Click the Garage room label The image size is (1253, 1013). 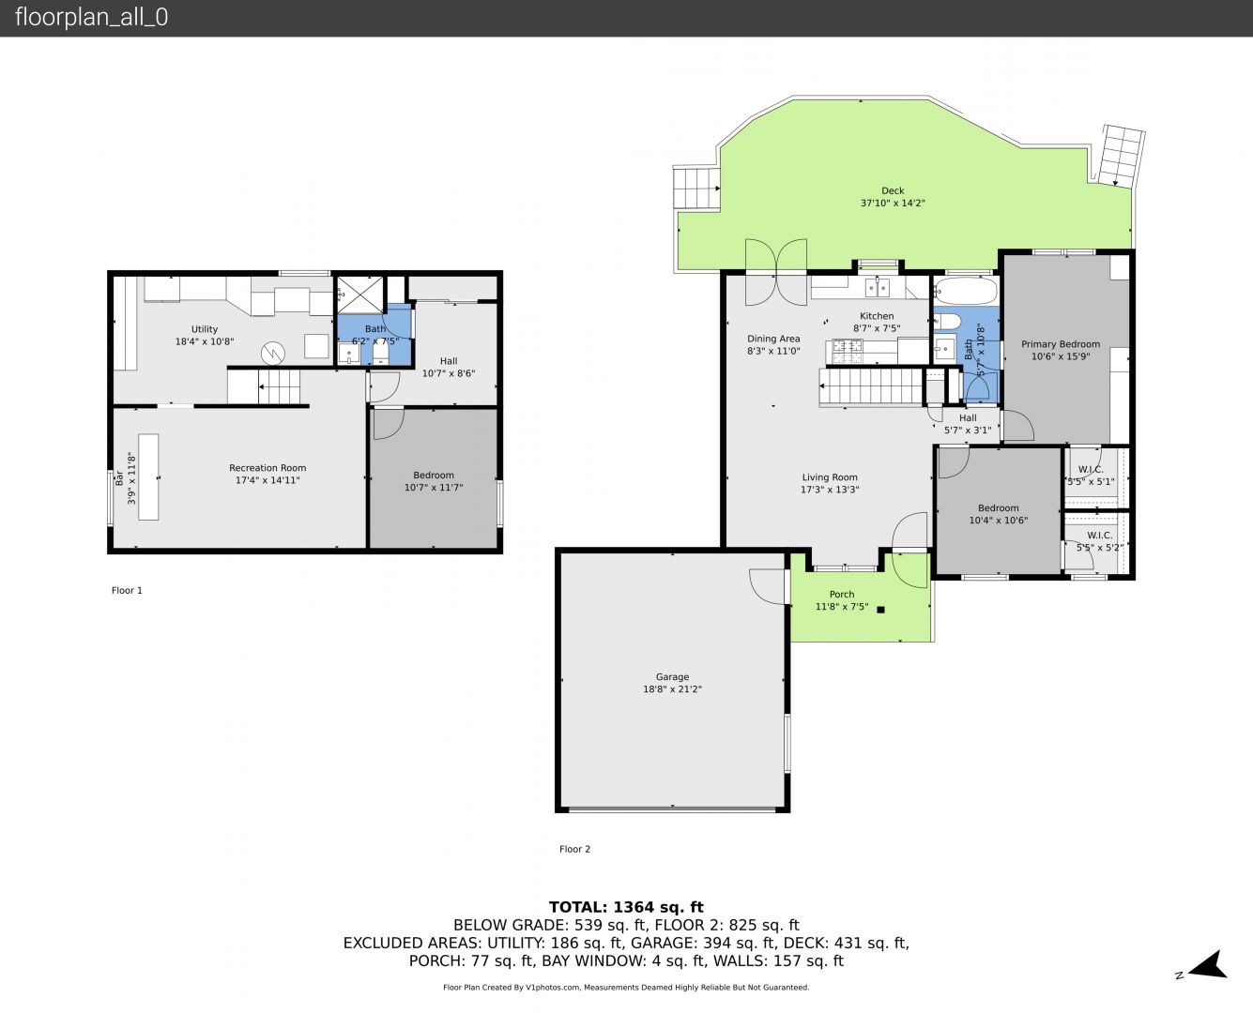point(672,676)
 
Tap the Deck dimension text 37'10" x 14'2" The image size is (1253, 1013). point(893,203)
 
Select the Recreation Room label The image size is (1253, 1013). point(267,468)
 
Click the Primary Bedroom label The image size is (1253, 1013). point(1060,344)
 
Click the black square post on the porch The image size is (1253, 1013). point(880,610)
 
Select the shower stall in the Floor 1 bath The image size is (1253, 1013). point(359,295)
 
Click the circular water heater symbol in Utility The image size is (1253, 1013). point(273,353)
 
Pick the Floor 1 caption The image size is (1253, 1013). point(127,590)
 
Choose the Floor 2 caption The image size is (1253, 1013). point(574,849)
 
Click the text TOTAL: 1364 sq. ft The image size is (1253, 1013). point(626,907)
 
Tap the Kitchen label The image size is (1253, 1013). point(877,316)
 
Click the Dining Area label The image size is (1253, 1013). point(773,339)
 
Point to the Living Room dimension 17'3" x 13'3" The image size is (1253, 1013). point(830,490)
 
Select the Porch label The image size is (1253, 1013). point(842,595)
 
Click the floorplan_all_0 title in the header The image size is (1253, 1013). point(92,17)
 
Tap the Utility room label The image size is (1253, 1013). point(204,329)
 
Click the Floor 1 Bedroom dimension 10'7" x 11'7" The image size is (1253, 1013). point(434,488)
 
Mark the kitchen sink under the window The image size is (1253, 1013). point(877,288)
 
